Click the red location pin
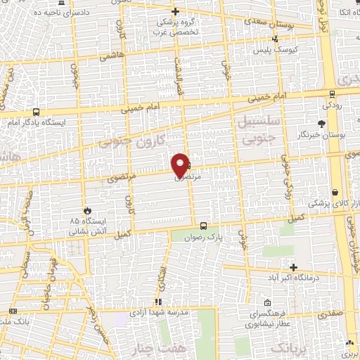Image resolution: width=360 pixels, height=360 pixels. [x=181, y=163]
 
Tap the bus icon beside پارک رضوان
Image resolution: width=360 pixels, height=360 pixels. [x=203, y=226]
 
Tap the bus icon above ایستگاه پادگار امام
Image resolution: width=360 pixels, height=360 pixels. [x=36, y=111]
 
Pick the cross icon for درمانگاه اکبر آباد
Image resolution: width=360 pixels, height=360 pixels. [x=293, y=268]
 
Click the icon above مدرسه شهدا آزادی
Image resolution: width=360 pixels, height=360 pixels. [x=158, y=302]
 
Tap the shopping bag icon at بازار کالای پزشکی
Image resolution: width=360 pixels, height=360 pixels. [x=335, y=192]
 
